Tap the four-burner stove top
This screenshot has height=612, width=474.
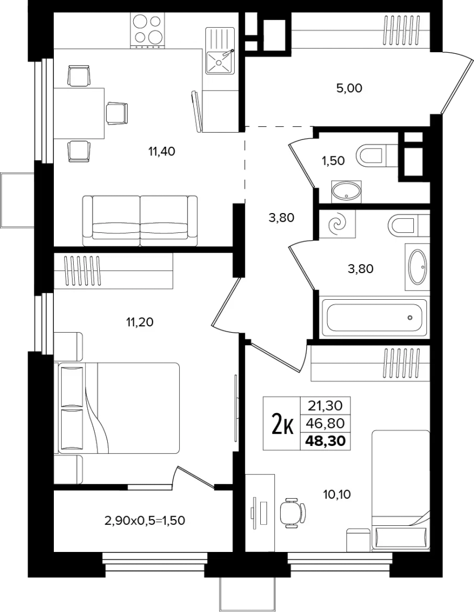point(147,31)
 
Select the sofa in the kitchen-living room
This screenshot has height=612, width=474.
point(140,220)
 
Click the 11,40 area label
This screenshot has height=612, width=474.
point(162,151)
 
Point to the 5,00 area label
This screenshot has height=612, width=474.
point(349,88)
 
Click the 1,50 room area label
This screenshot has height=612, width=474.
point(333,160)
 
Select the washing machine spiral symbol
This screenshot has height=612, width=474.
point(337,224)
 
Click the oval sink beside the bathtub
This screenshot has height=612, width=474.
point(417,267)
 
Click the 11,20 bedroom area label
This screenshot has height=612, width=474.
point(139,322)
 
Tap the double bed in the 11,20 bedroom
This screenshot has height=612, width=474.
point(118,408)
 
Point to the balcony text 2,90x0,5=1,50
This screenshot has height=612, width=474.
point(145,520)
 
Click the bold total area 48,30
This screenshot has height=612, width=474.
point(325,441)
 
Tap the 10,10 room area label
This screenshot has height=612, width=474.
point(337,495)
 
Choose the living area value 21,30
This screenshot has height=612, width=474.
point(325,406)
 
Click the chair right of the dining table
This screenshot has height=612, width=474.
point(117,113)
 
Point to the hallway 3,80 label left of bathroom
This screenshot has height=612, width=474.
point(281,218)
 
